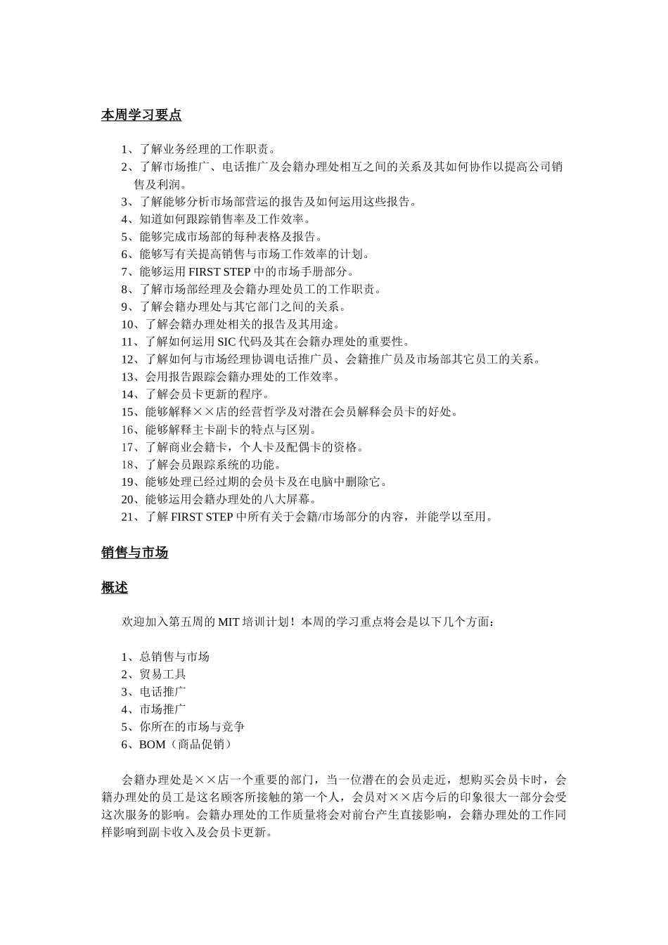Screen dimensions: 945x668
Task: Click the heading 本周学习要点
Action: (141, 115)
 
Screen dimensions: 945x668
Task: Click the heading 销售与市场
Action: (134, 553)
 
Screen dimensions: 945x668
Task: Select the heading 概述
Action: (115, 588)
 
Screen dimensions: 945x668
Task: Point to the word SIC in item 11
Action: (226, 342)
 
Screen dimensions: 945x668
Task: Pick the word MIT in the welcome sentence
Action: (229, 622)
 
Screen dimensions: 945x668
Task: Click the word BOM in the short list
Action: (152, 745)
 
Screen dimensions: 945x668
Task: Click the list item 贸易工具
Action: (162, 674)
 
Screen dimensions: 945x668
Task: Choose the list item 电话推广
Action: (162, 692)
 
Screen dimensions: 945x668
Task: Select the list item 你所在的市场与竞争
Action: (192, 727)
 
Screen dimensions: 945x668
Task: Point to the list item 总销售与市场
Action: (174, 657)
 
